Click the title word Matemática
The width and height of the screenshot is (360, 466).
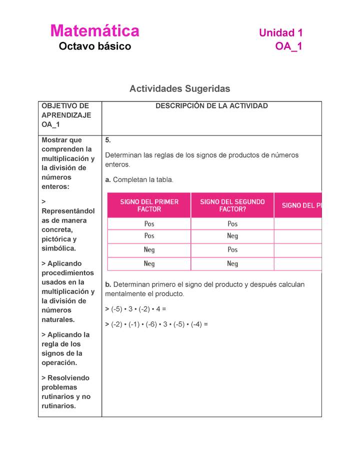(94, 31)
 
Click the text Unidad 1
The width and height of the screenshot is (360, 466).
(280, 33)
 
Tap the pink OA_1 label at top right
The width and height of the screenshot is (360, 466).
(288, 46)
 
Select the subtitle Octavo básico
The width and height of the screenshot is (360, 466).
(94, 46)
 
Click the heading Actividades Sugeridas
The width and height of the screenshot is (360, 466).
(179, 89)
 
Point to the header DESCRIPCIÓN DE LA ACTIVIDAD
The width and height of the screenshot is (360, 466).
(211, 106)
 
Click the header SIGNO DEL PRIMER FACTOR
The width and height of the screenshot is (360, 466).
(149, 205)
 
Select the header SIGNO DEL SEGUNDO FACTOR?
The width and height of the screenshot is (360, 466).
(232, 205)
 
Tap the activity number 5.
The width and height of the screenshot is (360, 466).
(107, 140)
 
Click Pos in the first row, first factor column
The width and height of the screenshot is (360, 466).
(149, 224)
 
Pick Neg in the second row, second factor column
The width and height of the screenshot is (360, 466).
(232, 236)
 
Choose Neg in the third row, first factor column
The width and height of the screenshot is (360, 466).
(149, 249)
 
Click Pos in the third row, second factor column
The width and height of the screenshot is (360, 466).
(232, 249)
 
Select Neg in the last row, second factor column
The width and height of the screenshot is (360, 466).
(232, 263)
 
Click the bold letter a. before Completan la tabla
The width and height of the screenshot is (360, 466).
(108, 179)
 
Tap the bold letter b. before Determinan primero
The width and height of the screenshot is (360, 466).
(108, 284)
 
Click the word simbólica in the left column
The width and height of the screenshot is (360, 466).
(58, 248)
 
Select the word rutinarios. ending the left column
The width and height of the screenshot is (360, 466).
(58, 406)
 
